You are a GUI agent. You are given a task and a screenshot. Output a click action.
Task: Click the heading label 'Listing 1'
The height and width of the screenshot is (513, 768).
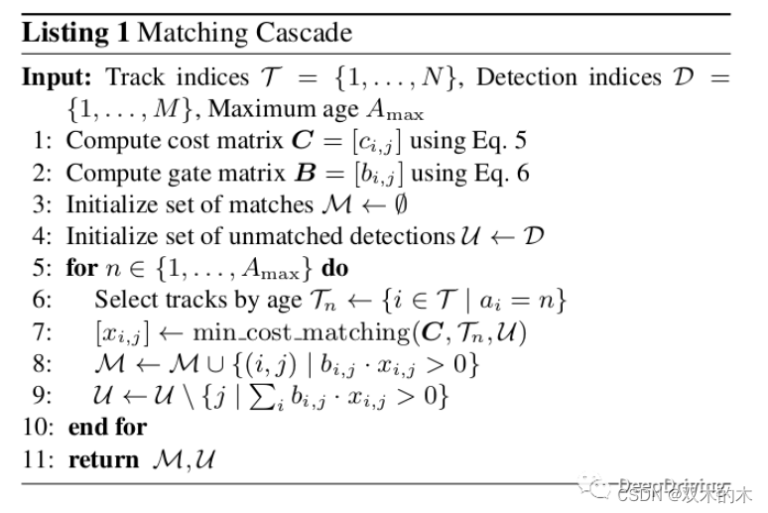75,33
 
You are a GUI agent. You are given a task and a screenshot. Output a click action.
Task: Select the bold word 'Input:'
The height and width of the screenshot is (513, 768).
59,77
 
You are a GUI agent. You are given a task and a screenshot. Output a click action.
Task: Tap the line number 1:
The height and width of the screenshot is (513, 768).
44,141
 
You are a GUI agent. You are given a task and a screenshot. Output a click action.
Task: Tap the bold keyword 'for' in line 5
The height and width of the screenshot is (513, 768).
82,268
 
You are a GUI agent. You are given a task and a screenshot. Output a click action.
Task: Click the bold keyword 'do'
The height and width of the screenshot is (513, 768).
335,268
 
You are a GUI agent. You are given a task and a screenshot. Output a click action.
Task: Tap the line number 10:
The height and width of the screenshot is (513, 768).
39,428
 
